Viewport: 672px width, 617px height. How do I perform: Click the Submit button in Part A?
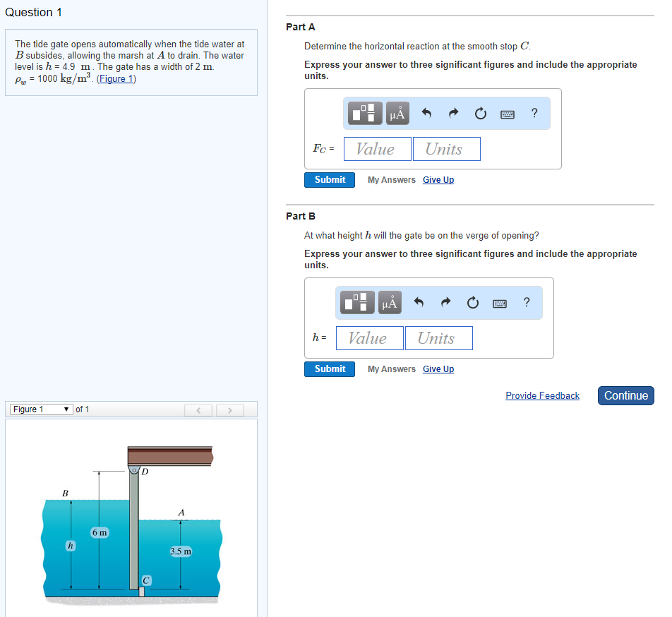330,180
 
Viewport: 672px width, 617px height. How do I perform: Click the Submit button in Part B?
330,369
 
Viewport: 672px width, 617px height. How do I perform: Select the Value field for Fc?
377,149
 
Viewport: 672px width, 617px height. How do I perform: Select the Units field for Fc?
446,149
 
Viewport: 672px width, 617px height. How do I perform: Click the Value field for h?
369,338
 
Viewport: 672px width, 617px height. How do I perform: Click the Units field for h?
438,338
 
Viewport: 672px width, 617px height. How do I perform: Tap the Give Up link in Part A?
438,180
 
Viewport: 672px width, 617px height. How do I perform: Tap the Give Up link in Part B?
438,369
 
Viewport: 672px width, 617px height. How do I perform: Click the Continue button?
626,395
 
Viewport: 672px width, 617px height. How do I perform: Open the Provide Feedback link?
542,395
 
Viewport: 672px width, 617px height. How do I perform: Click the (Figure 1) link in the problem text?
116,78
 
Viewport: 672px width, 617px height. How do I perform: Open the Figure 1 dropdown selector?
41,409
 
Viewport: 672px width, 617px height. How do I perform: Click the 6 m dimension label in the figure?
100,532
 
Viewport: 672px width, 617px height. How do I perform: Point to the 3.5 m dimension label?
181,551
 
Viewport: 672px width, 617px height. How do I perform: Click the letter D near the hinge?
145,472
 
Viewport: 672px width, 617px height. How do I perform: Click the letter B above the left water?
65,493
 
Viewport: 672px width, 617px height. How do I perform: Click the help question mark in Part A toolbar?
534,113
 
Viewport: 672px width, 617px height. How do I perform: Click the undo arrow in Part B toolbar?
419,302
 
